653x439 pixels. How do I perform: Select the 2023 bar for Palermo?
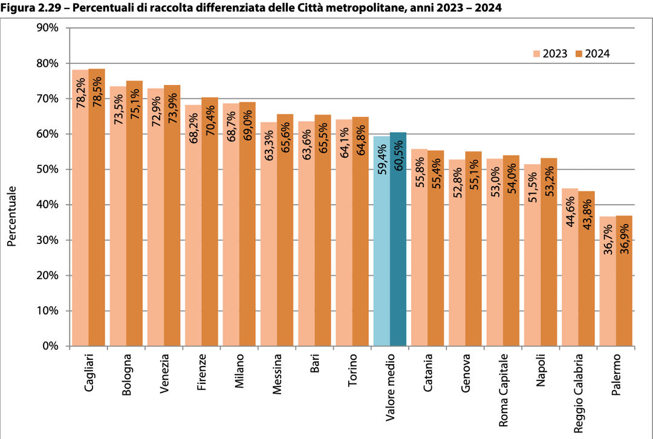tap(607, 284)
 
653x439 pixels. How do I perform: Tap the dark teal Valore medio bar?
tap(398, 242)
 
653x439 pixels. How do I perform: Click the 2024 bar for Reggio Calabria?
tap(586, 272)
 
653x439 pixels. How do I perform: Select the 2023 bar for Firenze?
tap(193, 229)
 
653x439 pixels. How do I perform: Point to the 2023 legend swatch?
tap(536, 53)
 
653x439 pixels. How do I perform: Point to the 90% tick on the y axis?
tap(46, 28)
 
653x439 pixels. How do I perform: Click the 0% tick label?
tap(49, 347)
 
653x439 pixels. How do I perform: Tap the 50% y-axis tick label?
tap(46, 170)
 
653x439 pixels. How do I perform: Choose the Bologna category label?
tap(126, 376)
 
